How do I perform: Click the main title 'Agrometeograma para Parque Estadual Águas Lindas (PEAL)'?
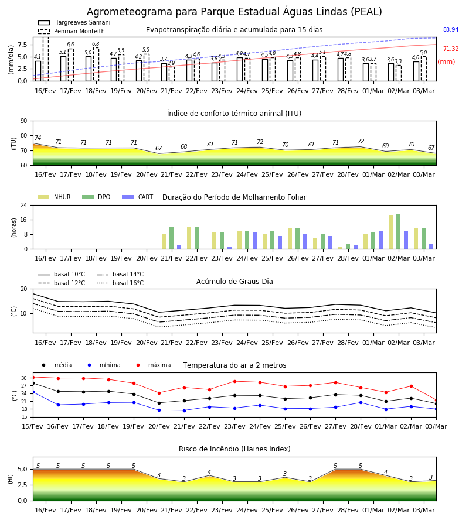pyautogui.click(x=235, y=12)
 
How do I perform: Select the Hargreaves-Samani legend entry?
pyautogui.click(x=74, y=22)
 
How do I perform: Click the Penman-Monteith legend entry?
pyautogui.click(x=72, y=31)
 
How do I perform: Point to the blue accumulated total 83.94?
pyautogui.click(x=451, y=30)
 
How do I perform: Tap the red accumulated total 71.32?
pyautogui.click(x=451, y=49)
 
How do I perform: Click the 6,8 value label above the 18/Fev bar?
pyautogui.click(x=96, y=44)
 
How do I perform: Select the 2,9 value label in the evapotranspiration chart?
pyautogui.click(x=171, y=63)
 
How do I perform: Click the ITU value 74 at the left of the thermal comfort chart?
pyautogui.click(x=38, y=138)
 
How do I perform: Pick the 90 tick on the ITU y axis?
pyautogui.click(x=24, y=121)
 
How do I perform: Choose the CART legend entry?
pyautogui.click(x=138, y=197)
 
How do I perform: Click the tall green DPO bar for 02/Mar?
pyautogui.click(x=398, y=231)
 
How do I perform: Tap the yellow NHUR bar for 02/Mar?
pyautogui.click(x=390, y=232)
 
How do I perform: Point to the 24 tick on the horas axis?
pyautogui.click(x=24, y=205)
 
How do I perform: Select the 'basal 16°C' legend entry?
pyautogui.click(x=120, y=283)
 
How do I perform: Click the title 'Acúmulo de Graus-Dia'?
pyautogui.click(x=235, y=282)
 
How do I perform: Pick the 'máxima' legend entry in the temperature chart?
pyautogui.click(x=151, y=365)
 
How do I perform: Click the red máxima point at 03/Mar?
pyautogui.click(x=436, y=401)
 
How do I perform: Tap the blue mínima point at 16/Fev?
pyautogui.click(x=58, y=405)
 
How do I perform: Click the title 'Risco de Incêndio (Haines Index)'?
pyautogui.click(x=235, y=449)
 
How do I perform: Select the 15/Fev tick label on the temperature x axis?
pyautogui.click(x=33, y=426)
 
